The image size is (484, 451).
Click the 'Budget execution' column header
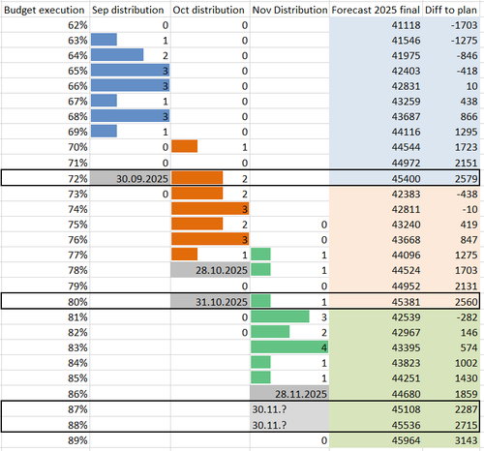click(x=45, y=10)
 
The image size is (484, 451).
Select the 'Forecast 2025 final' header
click(x=376, y=10)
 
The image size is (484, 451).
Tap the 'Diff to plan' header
click(x=451, y=10)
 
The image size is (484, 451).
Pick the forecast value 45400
click(x=406, y=179)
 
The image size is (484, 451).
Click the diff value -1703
click(x=464, y=25)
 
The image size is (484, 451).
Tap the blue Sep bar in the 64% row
click(x=117, y=55)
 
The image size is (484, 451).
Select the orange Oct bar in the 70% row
click(x=184, y=146)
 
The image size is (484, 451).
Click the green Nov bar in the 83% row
click(x=289, y=347)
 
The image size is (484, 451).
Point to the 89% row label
click(x=77, y=440)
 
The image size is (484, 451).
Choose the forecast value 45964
click(x=406, y=440)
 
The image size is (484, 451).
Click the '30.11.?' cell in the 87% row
click(x=269, y=409)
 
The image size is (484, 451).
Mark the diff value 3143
click(x=466, y=440)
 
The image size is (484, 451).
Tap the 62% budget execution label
click(x=77, y=25)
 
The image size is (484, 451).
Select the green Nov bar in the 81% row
click(x=280, y=316)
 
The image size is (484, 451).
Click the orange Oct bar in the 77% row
click(x=184, y=255)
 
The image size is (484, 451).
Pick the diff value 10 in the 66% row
click(x=471, y=86)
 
